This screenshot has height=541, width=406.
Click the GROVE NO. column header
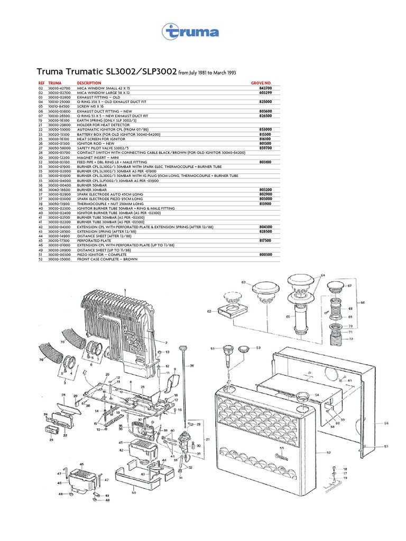[x=261, y=83]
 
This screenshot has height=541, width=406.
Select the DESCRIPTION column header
[x=89, y=83]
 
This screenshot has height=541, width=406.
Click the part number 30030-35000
[x=59, y=260]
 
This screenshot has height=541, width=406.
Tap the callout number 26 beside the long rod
[x=192, y=366]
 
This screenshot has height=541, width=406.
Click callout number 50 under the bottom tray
[x=134, y=492]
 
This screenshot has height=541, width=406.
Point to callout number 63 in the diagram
[x=244, y=283]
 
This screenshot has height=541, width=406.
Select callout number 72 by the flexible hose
[x=350, y=338]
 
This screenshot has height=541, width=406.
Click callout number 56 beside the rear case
[x=386, y=423]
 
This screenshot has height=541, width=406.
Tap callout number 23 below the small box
[x=51, y=439]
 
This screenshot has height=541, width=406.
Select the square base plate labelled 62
[x=232, y=310]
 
